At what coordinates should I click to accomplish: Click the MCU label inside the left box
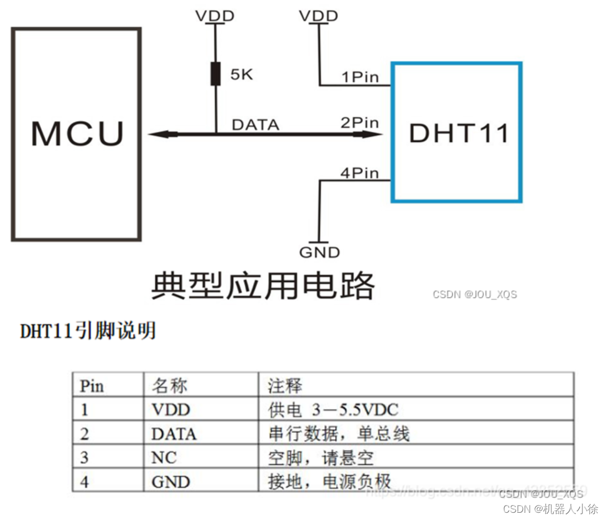(77, 133)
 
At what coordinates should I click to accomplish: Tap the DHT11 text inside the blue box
(458, 133)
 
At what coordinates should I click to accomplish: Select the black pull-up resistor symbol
(215, 74)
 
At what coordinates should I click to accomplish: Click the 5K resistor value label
(241, 74)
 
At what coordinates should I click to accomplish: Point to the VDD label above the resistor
(215, 16)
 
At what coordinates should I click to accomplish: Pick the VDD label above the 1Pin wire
(318, 16)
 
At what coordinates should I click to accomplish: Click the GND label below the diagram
(319, 253)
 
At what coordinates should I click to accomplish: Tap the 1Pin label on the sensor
(360, 77)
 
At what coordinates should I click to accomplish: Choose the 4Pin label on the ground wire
(360, 173)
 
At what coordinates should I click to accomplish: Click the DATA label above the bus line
(255, 125)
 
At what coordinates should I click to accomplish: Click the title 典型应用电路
(263, 286)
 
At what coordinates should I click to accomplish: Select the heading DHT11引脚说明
(88, 331)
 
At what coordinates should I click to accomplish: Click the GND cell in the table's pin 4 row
(170, 482)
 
